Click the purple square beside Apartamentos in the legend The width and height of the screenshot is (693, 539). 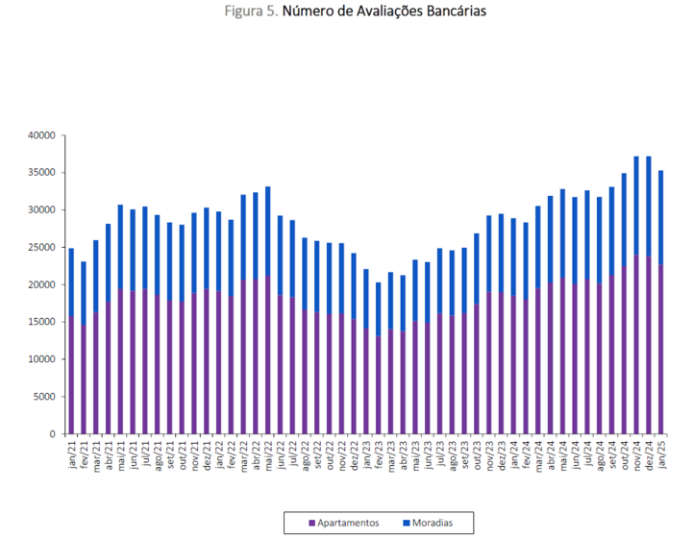(x=312, y=523)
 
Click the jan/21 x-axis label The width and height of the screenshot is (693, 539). (x=71, y=454)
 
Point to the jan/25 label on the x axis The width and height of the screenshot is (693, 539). (x=661, y=454)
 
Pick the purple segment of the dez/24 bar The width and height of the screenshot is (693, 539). (x=649, y=346)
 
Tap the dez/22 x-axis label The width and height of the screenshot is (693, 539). (x=354, y=454)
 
